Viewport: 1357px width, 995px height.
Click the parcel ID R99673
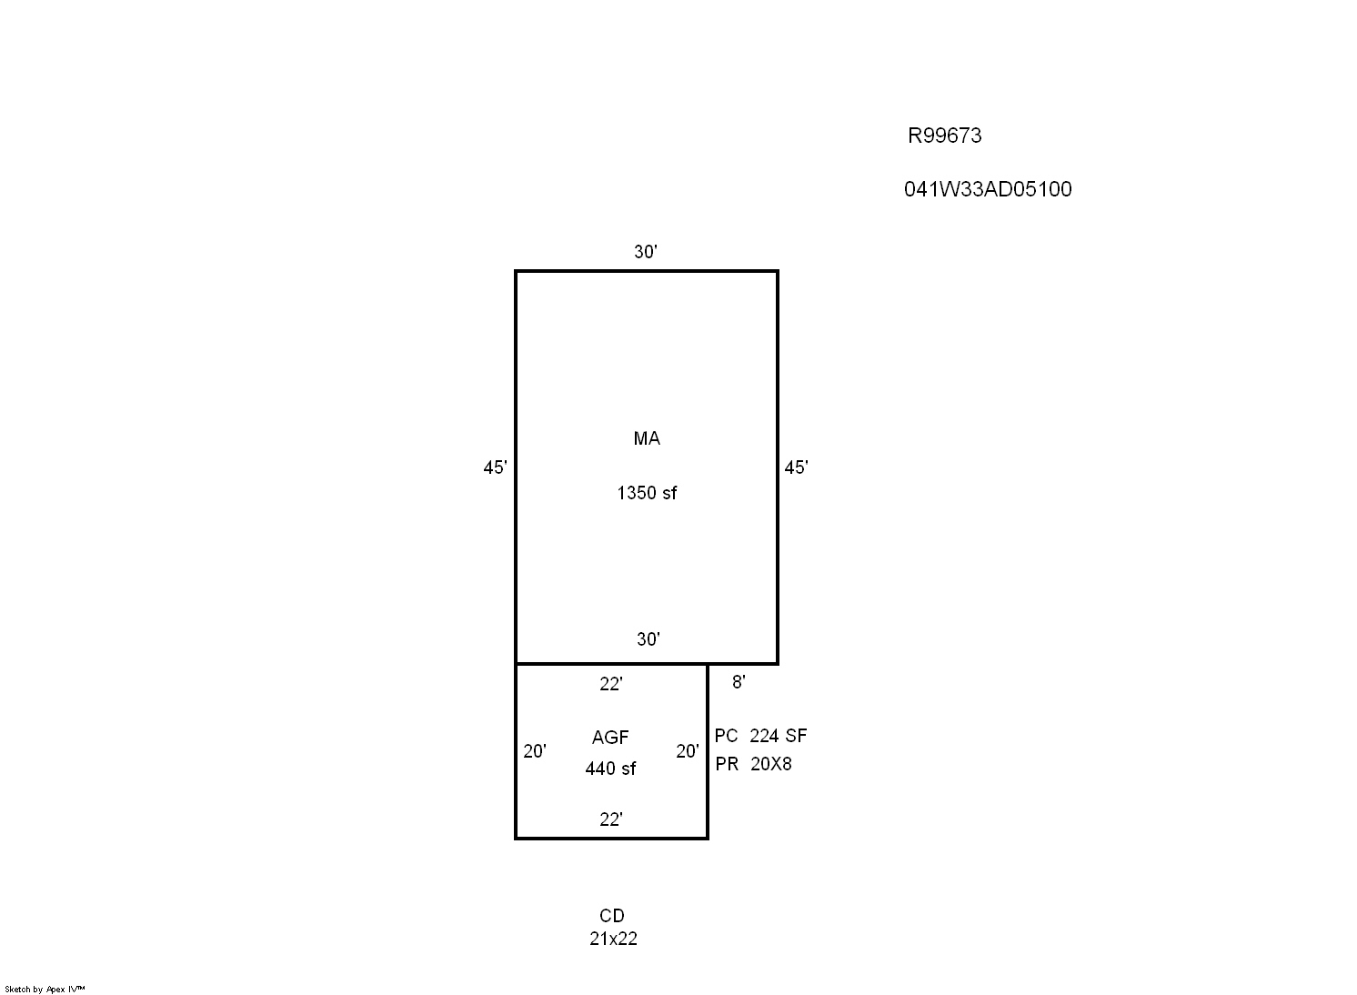click(x=944, y=136)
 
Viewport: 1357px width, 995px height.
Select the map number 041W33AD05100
click(x=988, y=190)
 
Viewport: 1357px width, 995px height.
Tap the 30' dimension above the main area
click(x=646, y=251)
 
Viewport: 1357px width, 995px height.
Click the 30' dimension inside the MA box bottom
click(x=648, y=639)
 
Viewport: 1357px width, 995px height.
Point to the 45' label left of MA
click(x=495, y=467)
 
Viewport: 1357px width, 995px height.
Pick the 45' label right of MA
click(x=796, y=467)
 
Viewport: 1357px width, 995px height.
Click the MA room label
click(x=647, y=438)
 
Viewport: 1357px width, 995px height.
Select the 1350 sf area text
click(x=647, y=493)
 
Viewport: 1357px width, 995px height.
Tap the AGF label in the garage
click(x=610, y=738)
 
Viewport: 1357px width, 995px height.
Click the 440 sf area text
click(x=610, y=769)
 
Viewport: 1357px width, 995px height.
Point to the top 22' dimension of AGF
click(x=611, y=684)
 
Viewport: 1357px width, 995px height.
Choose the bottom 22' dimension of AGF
click(x=611, y=819)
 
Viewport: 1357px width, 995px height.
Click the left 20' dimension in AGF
click(x=535, y=751)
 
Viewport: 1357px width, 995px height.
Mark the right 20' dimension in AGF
click(x=688, y=751)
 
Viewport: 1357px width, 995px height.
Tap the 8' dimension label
click(x=739, y=682)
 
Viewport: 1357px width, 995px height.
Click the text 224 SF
click(x=778, y=736)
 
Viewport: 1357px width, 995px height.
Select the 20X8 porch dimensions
click(x=770, y=764)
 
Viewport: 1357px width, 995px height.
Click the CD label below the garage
click(x=612, y=916)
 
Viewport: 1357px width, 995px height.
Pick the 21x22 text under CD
click(x=613, y=939)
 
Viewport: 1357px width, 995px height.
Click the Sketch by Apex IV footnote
click(x=45, y=990)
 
